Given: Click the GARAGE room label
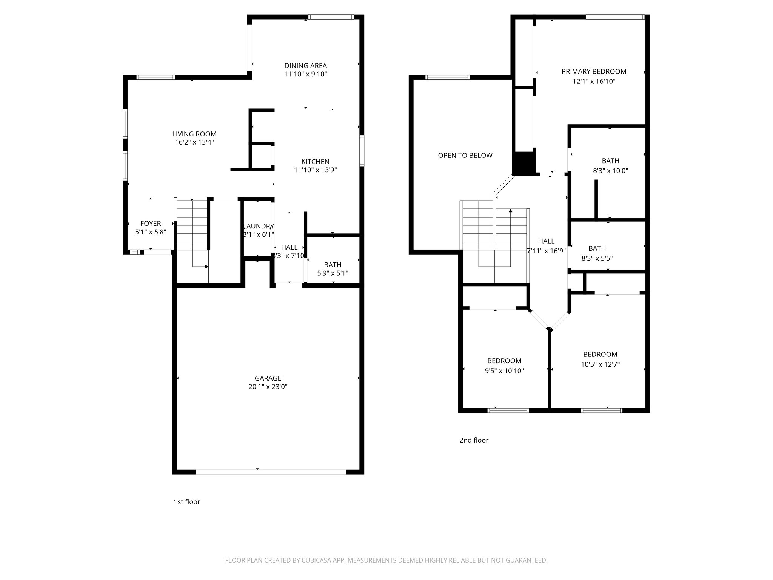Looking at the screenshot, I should coord(268,378).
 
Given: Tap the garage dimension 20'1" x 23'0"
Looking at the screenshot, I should coord(268,387).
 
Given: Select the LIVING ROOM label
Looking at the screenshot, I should coord(194,134).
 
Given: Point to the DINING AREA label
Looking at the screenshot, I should coord(305,66).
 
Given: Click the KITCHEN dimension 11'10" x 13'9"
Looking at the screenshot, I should coord(315,170).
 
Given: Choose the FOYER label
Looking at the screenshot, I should coord(151,224).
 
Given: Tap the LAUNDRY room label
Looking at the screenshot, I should coord(259,226).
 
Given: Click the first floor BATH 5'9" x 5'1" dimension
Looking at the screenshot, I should coord(333,273).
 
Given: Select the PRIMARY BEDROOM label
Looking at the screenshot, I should coord(594,71).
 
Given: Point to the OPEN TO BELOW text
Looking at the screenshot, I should coord(465,155).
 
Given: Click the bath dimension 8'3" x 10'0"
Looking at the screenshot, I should coord(610,171).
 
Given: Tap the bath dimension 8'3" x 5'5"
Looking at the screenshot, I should coord(597,258).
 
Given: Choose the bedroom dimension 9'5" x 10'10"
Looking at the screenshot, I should coord(504,371).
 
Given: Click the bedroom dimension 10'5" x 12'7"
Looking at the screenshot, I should coord(600,364).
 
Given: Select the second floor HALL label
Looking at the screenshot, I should coord(546,241).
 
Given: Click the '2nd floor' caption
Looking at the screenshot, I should coord(474,440).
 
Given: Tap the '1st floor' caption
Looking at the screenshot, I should coord(186,502).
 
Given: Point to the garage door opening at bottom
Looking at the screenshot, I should coord(270,472).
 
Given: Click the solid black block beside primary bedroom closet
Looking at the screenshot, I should coord(524,163).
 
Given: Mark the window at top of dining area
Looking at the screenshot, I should coord(331,17).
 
